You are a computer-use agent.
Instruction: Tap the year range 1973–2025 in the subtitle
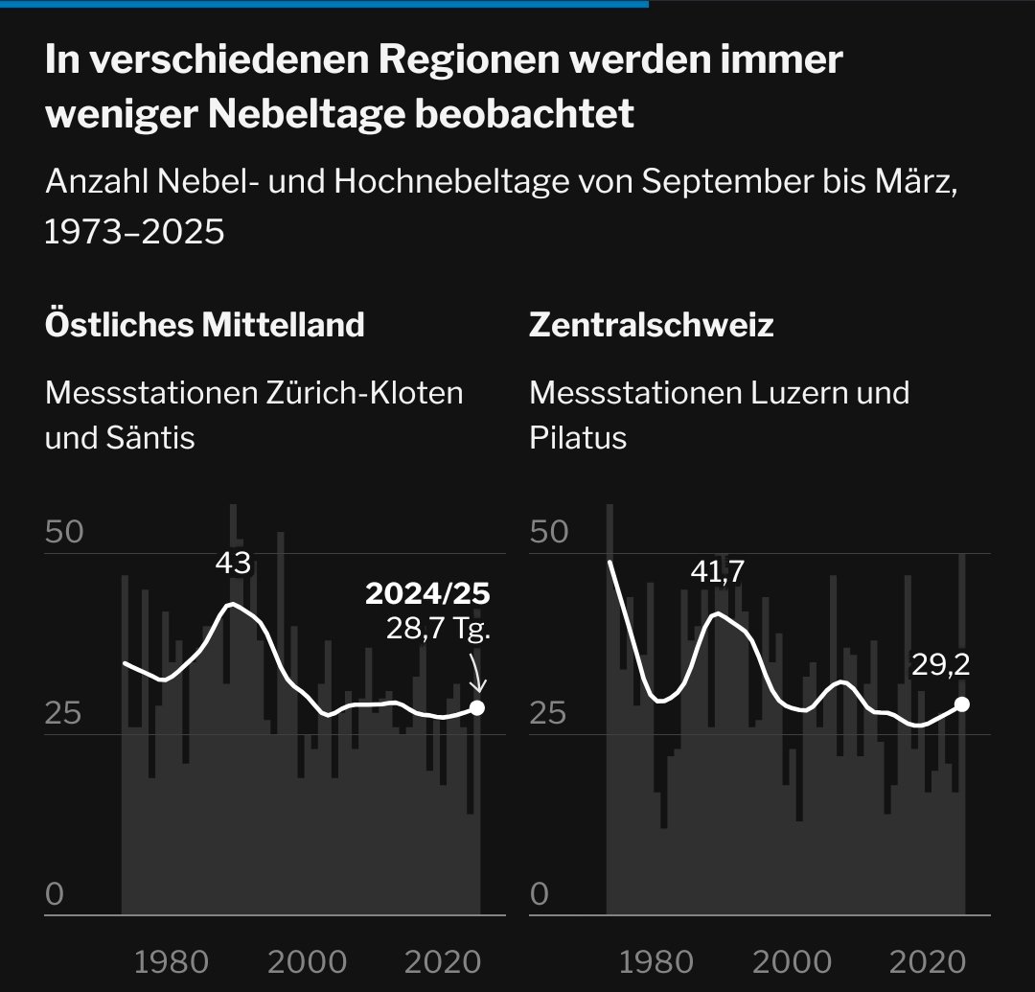click(134, 231)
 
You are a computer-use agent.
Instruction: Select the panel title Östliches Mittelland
click(204, 325)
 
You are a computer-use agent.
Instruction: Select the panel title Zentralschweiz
click(651, 325)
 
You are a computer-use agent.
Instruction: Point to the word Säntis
click(150, 438)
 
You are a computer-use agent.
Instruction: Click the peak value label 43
click(232, 564)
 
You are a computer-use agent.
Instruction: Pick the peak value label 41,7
click(717, 572)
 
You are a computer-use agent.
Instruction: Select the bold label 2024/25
click(427, 594)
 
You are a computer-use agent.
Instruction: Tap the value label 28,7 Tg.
click(438, 630)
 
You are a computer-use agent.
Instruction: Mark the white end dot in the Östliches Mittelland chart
click(477, 708)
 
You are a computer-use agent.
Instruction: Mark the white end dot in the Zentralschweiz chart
click(962, 704)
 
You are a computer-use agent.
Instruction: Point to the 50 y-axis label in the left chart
click(65, 532)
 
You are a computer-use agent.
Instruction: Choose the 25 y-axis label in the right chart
click(550, 714)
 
